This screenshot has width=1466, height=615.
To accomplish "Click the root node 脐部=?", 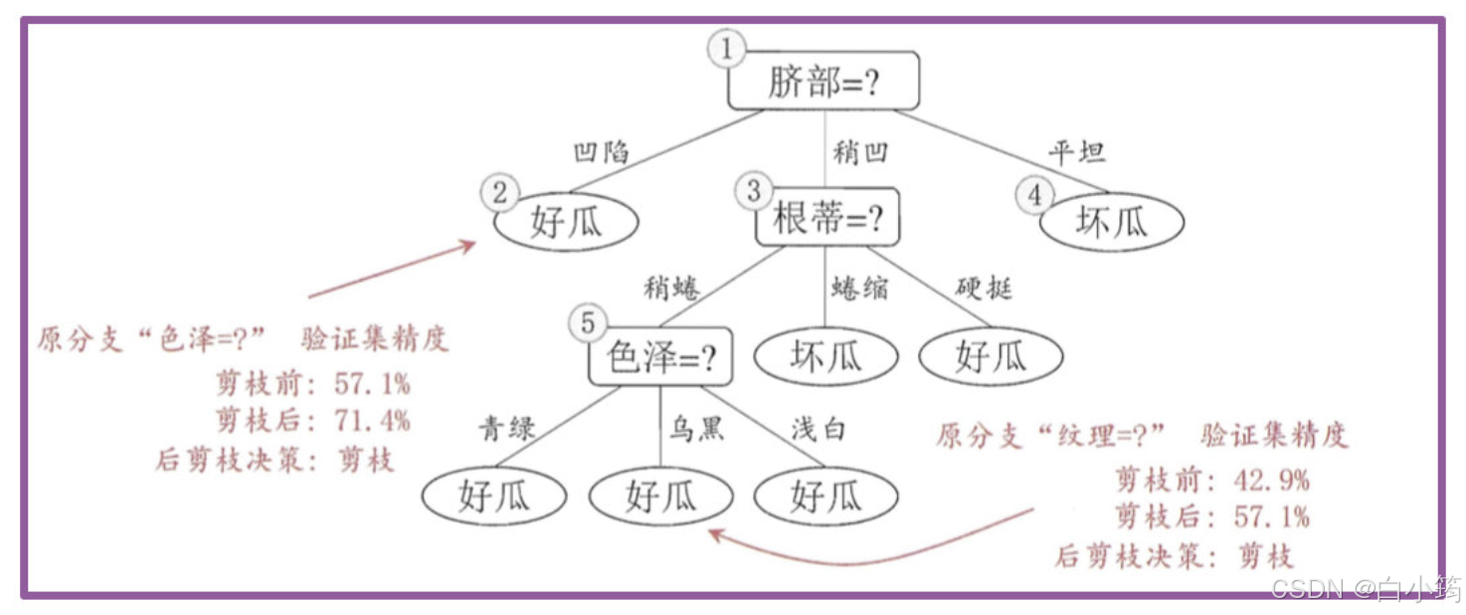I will (824, 82).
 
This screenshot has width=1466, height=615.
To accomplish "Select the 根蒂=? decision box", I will (826, 218).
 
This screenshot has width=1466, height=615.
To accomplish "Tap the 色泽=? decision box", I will (660, 356).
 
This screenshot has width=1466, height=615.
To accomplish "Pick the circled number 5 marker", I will (588, 323).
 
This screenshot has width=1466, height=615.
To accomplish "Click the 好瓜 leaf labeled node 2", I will (566, 222).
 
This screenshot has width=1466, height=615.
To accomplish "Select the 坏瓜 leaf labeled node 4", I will (1112, 222).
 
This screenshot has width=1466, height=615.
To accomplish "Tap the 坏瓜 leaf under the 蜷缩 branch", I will (825, 356).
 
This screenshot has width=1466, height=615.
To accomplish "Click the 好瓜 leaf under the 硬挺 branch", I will (991, 356).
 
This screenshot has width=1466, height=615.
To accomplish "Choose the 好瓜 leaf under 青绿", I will (493, 495).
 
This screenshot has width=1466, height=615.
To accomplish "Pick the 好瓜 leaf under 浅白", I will (825, 495).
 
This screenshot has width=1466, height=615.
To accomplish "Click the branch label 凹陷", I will (602, 152).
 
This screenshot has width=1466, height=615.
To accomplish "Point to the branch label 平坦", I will (1076, 152).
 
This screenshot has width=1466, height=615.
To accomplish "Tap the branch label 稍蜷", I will (671, 289).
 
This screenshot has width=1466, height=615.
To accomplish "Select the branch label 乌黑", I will (695, 430).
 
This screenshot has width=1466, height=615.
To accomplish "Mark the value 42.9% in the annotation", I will (1272, 480).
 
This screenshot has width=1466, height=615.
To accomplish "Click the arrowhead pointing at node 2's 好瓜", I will (469, 244).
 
